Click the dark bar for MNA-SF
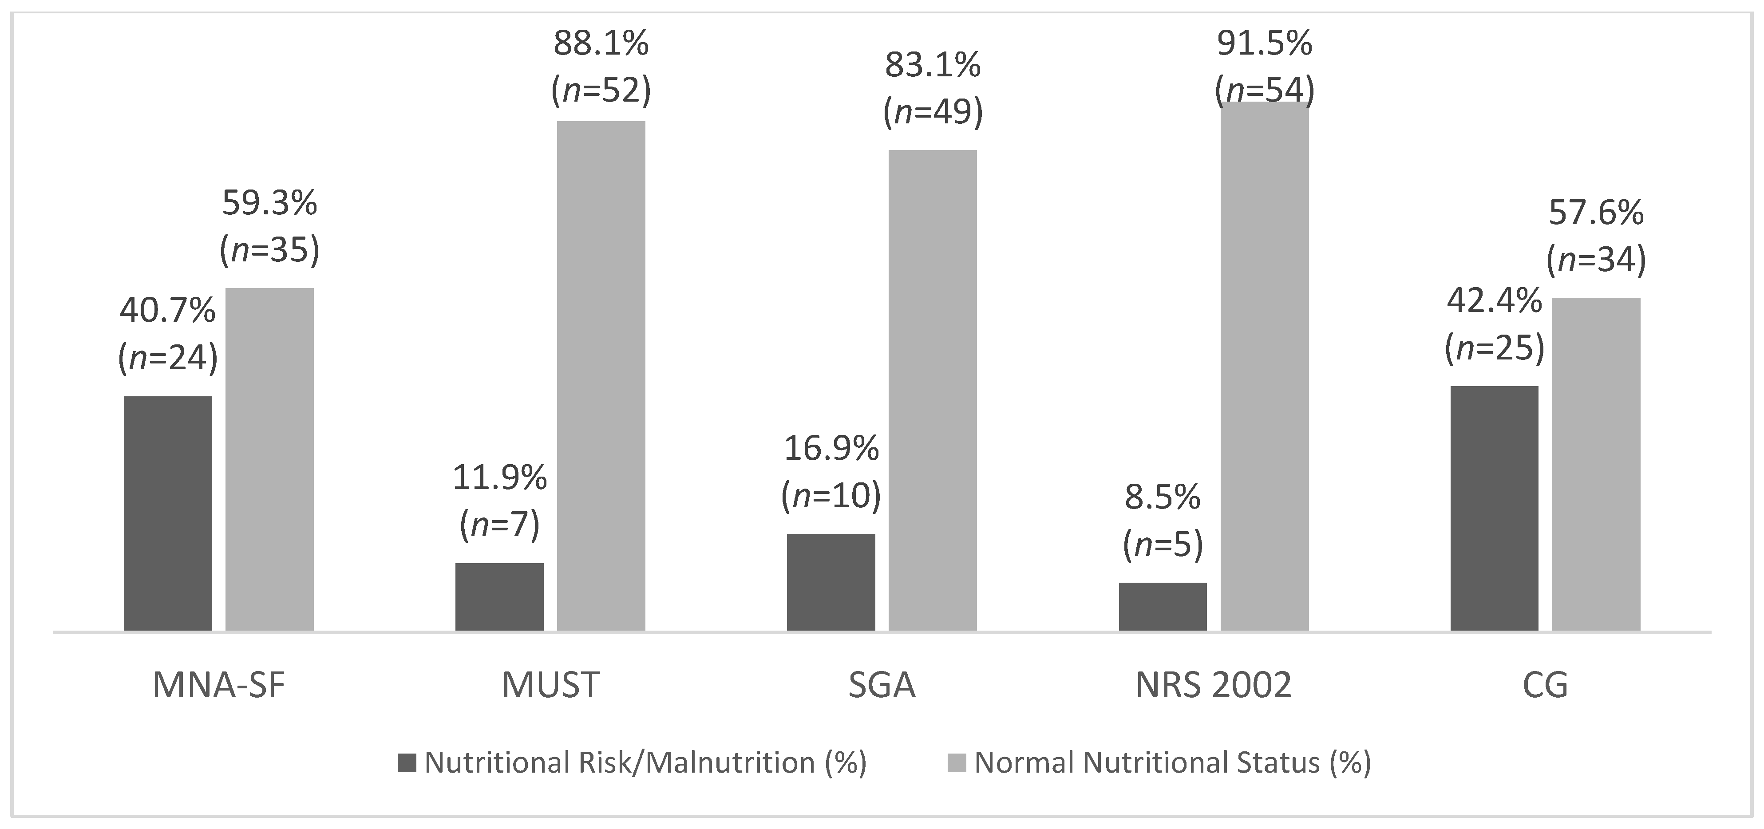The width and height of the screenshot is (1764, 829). (x=168, y=513)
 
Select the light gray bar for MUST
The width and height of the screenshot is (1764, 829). (x=601, y=376)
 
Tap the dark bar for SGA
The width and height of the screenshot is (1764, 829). (x=831, y=582)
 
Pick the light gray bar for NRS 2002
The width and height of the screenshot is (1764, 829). (x=1264, y=366)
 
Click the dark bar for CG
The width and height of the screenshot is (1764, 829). (x=1494, y=508)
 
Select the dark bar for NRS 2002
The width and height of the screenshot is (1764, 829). (x=1163, y=607)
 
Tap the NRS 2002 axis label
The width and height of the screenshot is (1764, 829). (x=1214, y=685)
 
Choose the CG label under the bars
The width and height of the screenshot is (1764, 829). (x=1545, y=685)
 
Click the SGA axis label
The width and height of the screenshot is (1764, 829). (x=882, y=685)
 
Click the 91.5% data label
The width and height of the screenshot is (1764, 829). (x=1264, y=44)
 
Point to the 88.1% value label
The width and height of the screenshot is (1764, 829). (x=601, y=44)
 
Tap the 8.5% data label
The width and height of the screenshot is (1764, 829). (x=1163, y=497)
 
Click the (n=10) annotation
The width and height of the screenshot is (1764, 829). (x=831, y=496)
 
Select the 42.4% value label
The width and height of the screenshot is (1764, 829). (x=1494, y=301)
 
